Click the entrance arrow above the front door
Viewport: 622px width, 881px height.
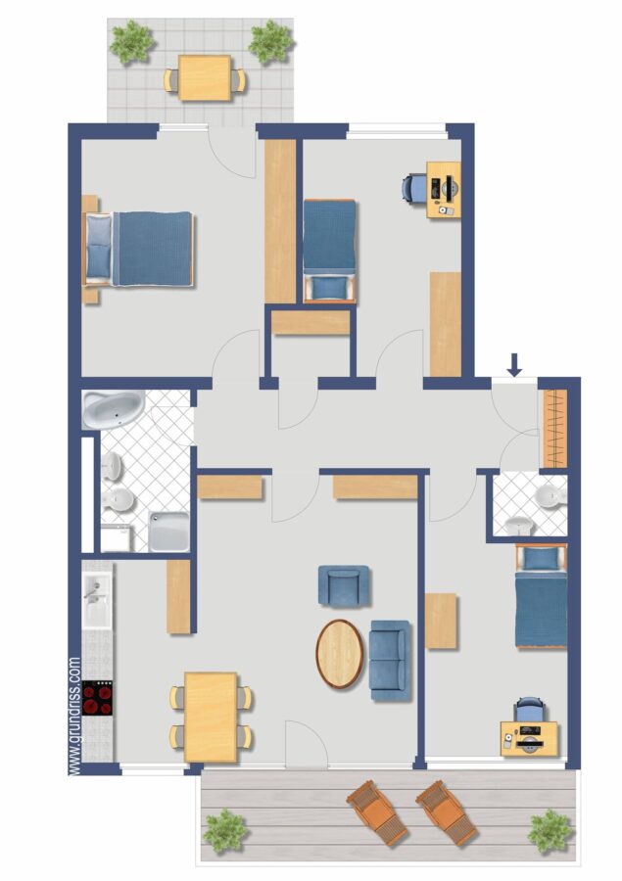coord(514,365)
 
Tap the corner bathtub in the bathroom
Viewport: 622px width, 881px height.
coord(113,409)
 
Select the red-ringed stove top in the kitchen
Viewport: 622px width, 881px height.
coord(97,698)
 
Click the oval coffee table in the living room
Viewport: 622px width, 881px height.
coord(340,654)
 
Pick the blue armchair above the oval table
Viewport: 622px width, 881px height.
coord(344,586)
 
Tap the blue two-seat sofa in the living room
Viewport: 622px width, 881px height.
coord(389,660)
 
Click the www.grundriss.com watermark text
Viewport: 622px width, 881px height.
coord(74,717)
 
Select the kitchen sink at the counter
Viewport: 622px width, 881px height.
coord(97,595)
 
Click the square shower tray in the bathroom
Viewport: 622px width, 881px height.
coord(168,532)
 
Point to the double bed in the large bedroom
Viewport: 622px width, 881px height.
coord(139,249)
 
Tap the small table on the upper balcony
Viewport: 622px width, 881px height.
coord(205,77)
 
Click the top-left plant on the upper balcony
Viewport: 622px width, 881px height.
coord(132,41)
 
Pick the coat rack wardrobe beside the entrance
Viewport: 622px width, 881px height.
coord(554,428)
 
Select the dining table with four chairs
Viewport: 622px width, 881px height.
coord(211,717)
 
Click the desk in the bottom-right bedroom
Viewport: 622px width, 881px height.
coord(530,739)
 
